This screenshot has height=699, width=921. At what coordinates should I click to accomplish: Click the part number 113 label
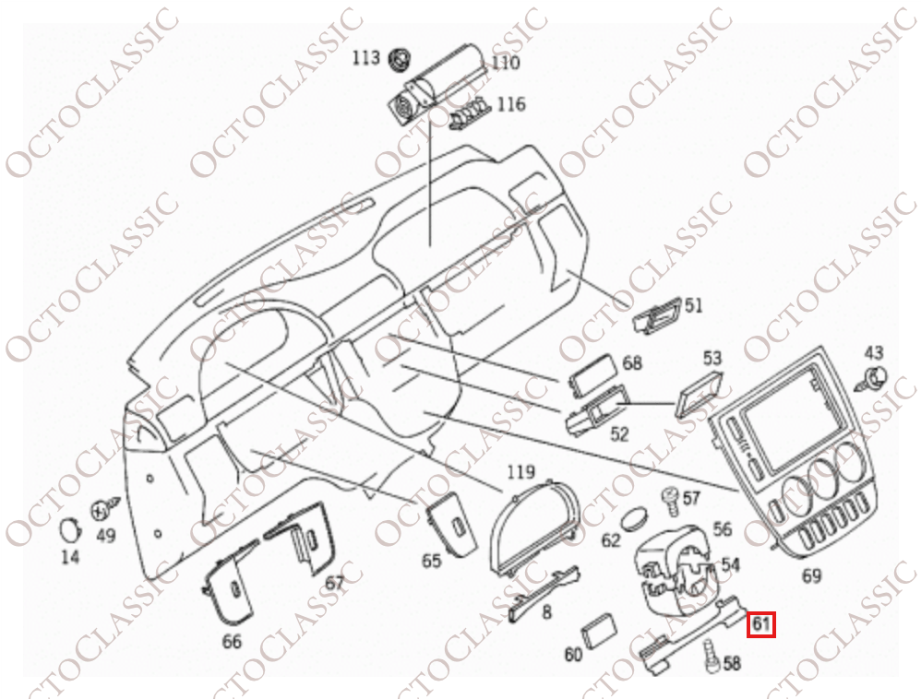366,58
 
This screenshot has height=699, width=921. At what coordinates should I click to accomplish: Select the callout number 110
506,63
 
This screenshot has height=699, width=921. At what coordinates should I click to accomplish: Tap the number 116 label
511,104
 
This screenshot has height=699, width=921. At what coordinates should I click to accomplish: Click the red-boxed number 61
761,624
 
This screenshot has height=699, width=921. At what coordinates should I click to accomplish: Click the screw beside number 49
106,509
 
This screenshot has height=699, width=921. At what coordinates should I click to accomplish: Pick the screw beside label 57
670,502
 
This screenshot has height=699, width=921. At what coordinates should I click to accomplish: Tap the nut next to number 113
401,59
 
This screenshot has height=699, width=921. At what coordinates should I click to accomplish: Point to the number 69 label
811,575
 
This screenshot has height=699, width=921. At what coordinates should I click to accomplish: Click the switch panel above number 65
451,523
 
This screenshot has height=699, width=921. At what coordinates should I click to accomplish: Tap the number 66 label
232,642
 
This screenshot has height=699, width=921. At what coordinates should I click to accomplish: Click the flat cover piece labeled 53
700,394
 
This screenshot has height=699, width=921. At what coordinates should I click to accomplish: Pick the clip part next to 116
470,113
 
